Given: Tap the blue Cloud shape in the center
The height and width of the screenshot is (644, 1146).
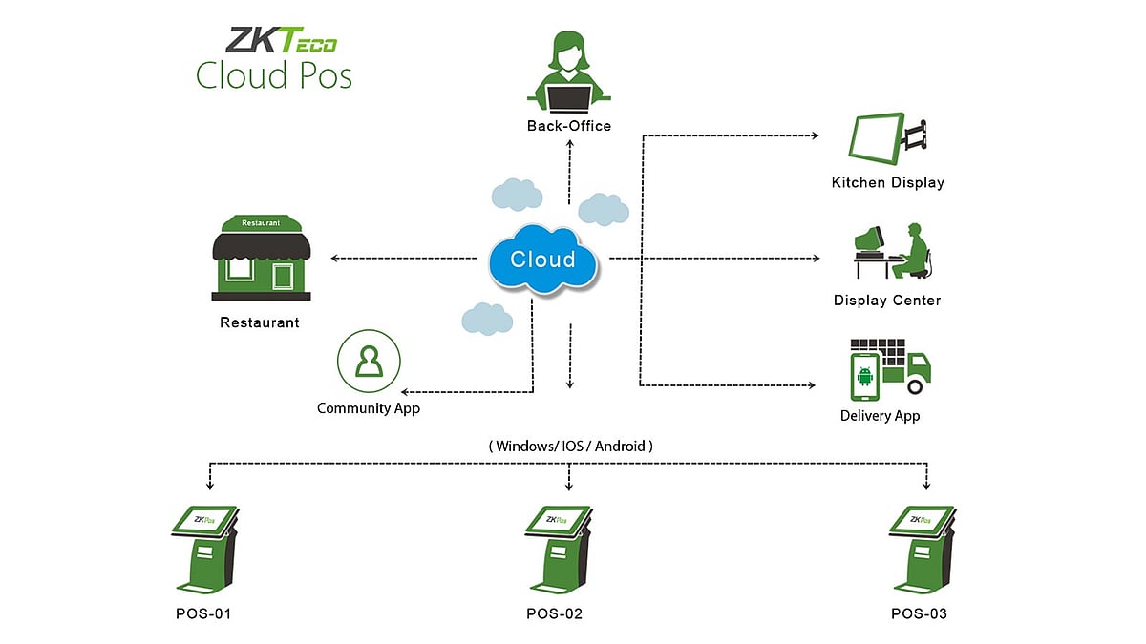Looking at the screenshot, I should click(x=542, y=259).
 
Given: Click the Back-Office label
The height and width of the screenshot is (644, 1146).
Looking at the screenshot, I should click(x=569, y=126).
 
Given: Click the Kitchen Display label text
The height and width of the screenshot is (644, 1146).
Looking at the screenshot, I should click(x=887, y=182).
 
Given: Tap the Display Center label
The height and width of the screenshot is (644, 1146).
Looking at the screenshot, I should click(x=887, y=301).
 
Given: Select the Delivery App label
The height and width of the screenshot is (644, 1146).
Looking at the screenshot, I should click(x=881, y=416).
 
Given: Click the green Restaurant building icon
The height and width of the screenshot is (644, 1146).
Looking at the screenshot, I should click(x=261, y=255).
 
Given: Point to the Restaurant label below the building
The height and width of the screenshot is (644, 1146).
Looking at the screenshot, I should click(x=260, y=322).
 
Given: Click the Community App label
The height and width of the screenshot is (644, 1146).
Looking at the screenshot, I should click(x=369, y=408).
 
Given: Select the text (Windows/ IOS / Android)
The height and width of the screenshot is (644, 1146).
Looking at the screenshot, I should click(x=571, y=446).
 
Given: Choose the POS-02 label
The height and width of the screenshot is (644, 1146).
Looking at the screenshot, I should click(x=554, y=613).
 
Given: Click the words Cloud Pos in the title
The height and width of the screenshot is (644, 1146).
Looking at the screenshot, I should click(x=274, y=74).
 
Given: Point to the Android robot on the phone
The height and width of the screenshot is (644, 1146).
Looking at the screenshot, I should click(x=866, y=376).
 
